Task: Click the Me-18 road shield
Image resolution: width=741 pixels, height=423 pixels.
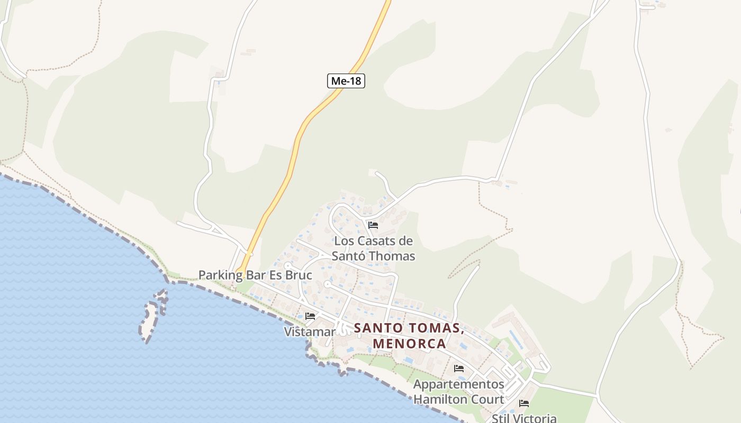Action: tap(346, 81)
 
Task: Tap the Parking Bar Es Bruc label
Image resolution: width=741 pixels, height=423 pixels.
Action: tap(255, 275)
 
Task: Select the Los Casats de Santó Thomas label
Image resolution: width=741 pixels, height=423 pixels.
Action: tap(373, 249)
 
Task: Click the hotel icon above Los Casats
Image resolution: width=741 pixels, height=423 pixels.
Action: tap(373, 225)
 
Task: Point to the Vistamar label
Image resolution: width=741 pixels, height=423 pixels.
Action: tap(310, 332)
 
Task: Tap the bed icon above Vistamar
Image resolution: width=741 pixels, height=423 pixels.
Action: tap(310, 316)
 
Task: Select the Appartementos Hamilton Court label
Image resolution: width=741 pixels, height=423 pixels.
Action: tap(458, 391)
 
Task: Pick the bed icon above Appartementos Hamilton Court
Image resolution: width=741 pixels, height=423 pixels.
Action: tap(459, 369)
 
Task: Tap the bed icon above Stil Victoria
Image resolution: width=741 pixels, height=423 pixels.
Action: tap(524, 403)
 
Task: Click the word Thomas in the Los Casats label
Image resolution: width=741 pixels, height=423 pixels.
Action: tap(392, 256)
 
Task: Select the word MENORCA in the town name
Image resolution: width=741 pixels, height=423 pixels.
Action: tap(409, 344)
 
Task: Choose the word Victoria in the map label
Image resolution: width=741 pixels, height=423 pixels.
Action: tap(535, 418)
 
